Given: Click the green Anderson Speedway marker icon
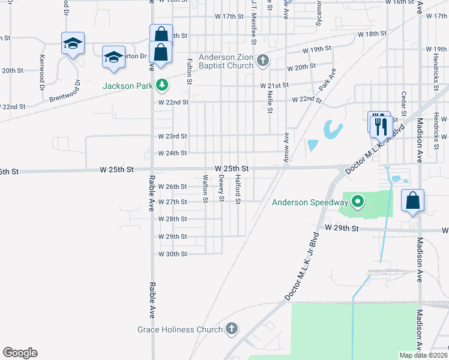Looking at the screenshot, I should point(358,202).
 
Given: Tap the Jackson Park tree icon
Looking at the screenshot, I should point(161,86).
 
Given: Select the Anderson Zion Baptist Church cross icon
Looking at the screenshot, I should point(262,60).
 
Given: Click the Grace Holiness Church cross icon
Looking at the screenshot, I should point(232,329).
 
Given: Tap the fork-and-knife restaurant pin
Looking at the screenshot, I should point(380,125).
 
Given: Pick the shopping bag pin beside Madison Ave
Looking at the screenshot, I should point(412,201).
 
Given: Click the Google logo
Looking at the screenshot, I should point(20,353).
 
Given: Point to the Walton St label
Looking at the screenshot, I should point(206,188).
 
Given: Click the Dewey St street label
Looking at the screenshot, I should point(222,188).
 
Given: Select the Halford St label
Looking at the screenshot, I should point(238,188).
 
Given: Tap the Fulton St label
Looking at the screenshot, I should point(190,70).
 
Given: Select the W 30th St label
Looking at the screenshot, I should point(173,254).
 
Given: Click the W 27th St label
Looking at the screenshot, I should point(173,202).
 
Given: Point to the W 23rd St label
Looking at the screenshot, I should point(173,137).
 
